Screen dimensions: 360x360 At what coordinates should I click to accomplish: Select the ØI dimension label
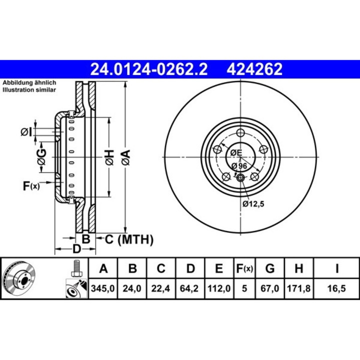pyautogui.click(x=26, y=132)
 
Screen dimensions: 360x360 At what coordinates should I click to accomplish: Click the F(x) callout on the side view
pyautogui.click(x=31, y=186)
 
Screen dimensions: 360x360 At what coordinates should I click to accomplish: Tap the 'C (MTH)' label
pyautogui.click(x=128, y=239)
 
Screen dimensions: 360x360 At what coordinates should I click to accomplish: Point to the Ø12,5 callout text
pyautogui.click(x=253, y=203)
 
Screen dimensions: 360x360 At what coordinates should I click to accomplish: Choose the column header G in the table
pyautogui.click(x=270, y=269)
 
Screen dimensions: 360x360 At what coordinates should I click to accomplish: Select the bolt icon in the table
pyautogui.click(x=76, y=268)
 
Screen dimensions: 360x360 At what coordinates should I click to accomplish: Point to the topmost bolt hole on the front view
pyautogui.click(x=240, y=132)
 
